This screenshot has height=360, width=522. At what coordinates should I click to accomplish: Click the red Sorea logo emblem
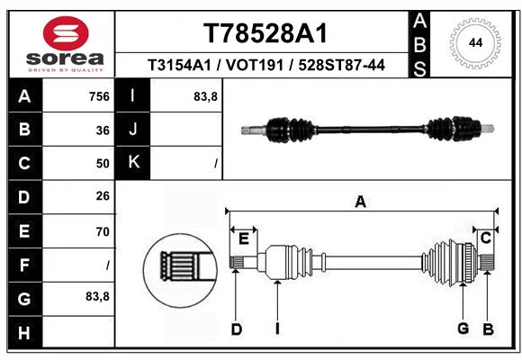pos(66,33)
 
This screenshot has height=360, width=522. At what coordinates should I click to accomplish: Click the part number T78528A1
pos(265,33)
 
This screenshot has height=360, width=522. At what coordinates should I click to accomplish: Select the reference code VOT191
pos(255,65)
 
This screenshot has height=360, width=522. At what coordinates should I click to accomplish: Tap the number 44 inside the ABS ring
pos(475,43)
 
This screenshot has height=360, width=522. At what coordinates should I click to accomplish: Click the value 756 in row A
pos(99,96)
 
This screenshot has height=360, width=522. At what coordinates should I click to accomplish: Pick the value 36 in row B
pos(103,130)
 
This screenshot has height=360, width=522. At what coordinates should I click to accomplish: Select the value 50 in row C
pos(103,164)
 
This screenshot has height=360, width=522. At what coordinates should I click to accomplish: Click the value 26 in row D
pos(103,196)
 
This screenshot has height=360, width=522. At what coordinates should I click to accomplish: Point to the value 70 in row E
pos(103,231)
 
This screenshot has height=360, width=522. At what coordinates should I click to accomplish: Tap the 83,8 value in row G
pos(97,296)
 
